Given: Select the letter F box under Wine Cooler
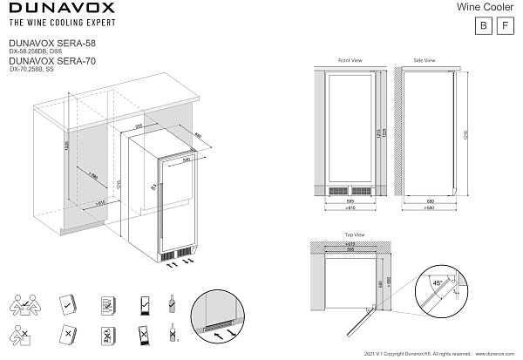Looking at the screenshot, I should (503, 26).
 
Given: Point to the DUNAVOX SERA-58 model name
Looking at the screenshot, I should (43, 41).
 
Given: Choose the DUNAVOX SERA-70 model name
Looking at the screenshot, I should (43, 61).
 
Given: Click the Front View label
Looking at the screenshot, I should (350, 60).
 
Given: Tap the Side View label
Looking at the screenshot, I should (424, 60).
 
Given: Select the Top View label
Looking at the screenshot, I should (354, 234).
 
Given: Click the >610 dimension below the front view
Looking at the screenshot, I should (350, 210).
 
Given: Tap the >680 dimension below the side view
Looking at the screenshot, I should (424, 210).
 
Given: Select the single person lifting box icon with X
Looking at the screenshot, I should (23, 335).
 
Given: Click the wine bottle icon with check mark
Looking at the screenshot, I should (173, 303).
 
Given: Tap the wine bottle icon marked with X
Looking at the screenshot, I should (173, 334).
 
